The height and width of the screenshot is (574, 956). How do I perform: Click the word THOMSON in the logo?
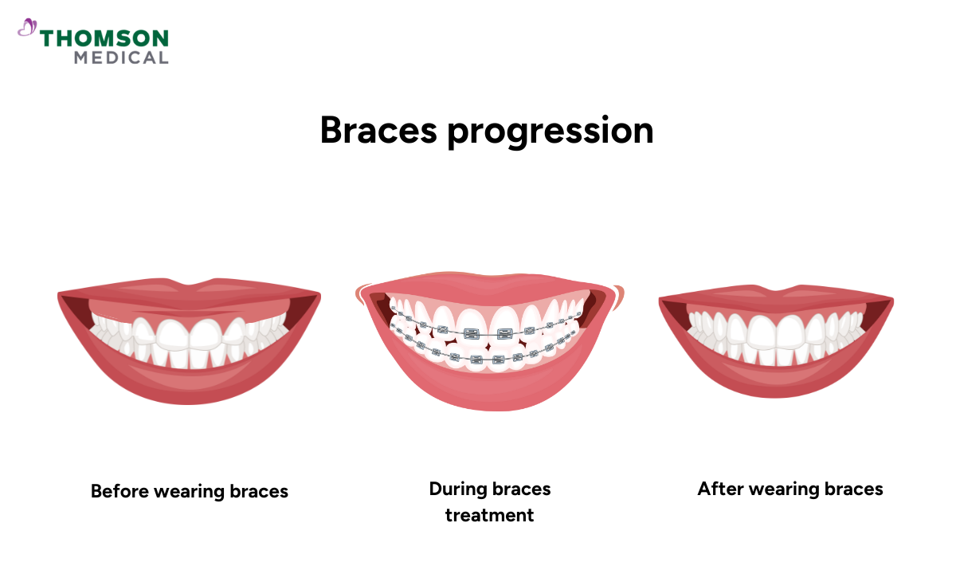coord(104,38)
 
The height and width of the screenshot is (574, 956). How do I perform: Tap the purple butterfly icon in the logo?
coord(27,29)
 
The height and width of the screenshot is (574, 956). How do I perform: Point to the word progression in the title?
coord(550,132)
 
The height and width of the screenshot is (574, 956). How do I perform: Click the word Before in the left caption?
coord(119,490)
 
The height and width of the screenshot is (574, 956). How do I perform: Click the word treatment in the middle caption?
coord(489,515)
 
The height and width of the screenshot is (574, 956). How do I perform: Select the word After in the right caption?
coord(719,488)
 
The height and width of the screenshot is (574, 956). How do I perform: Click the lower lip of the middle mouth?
coord(489,395)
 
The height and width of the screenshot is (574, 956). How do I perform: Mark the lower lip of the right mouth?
coord(776,378)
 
